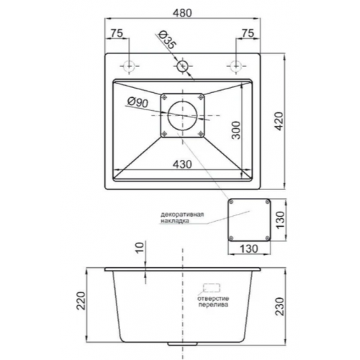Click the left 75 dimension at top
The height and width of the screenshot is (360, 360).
pos(117,33)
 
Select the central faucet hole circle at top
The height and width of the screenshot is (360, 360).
pos(182,66)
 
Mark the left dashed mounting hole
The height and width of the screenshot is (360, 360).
pos(130,66)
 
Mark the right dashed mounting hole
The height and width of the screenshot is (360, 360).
pos(235,66)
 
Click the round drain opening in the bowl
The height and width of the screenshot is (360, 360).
pos(184,116)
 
